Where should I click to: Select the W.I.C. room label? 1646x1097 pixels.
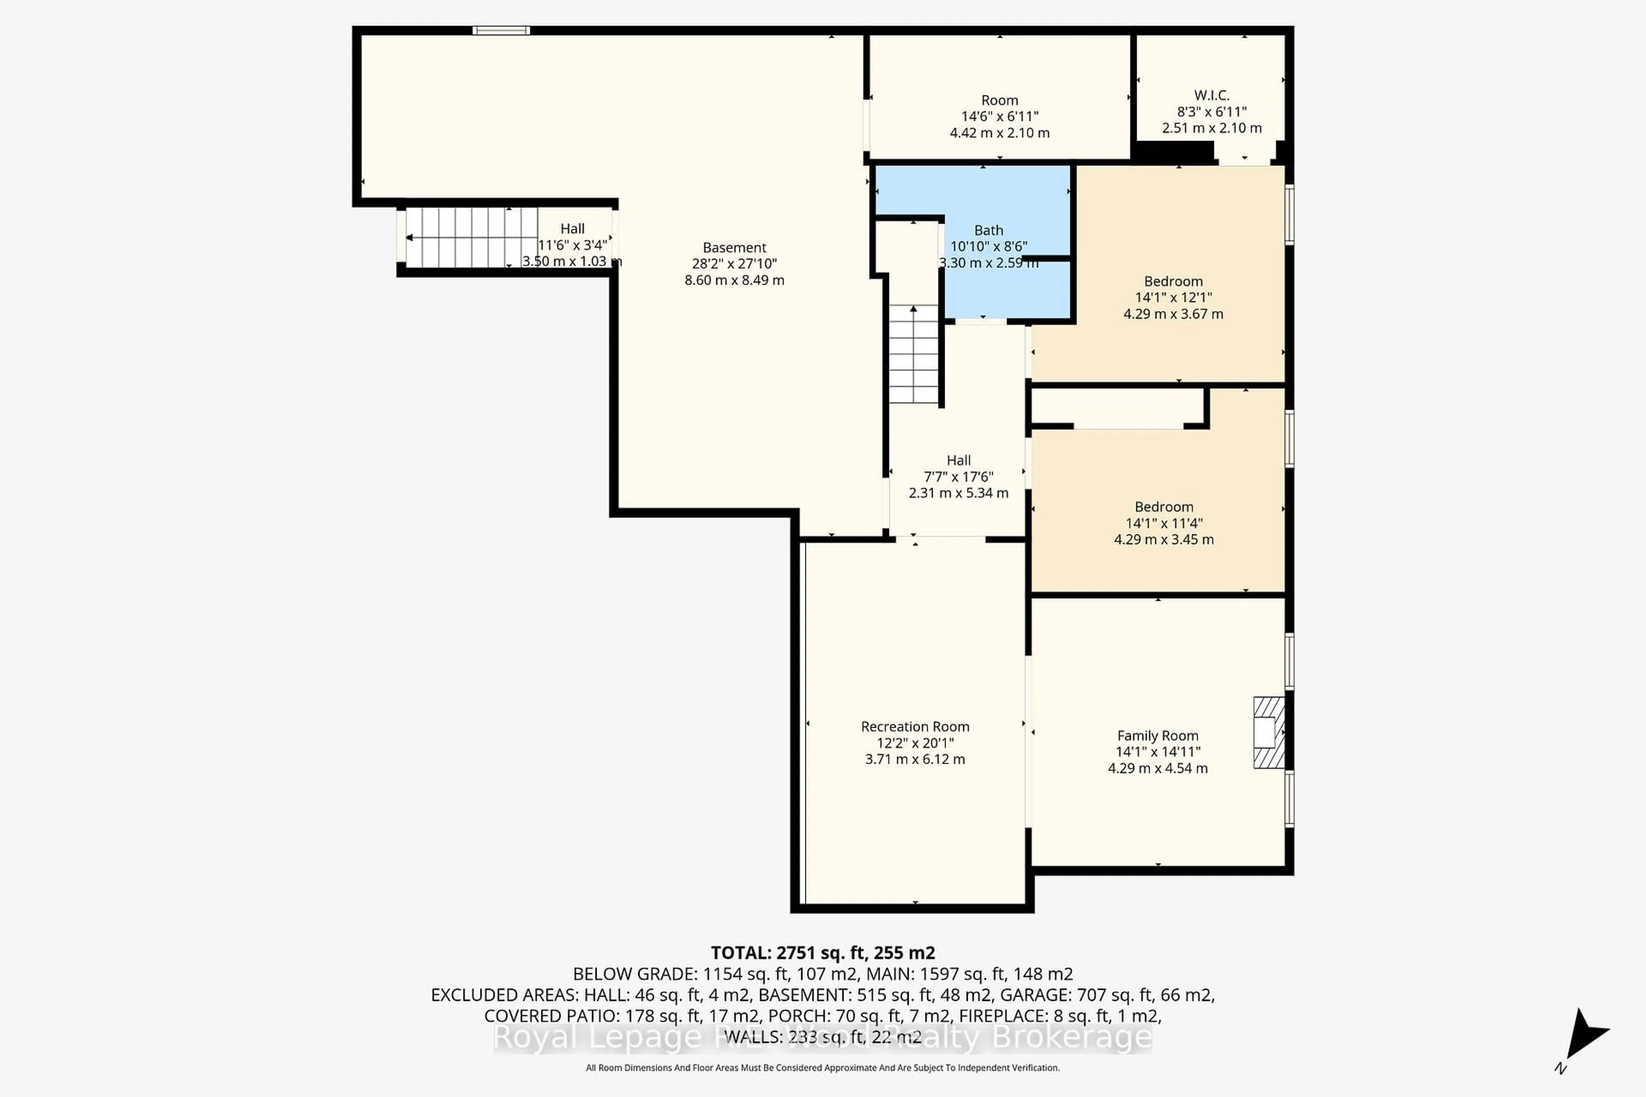[x=1211, y=95]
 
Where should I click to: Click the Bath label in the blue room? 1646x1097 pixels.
[x=988, y=230]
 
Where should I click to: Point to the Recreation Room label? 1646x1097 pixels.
[x=915, y=726]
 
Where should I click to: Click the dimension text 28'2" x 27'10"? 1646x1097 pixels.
[x=734, y=264]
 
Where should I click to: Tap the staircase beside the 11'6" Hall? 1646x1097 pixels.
[x=471, y=237]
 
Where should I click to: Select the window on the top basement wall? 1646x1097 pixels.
[x=501, y=30]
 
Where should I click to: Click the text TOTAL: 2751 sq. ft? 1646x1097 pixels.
[x=822, y=953]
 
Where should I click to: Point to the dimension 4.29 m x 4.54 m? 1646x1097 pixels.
[x=1157, y=768]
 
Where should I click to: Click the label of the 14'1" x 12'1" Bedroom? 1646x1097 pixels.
[x=1173, y=281]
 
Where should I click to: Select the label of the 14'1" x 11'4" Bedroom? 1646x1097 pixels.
[x=1164, y=507]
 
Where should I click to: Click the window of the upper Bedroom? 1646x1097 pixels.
[x=1289, y=214]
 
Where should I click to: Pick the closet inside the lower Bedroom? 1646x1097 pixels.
[x=1117, y=407]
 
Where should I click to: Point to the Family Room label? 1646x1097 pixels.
[x=1157, y=735]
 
